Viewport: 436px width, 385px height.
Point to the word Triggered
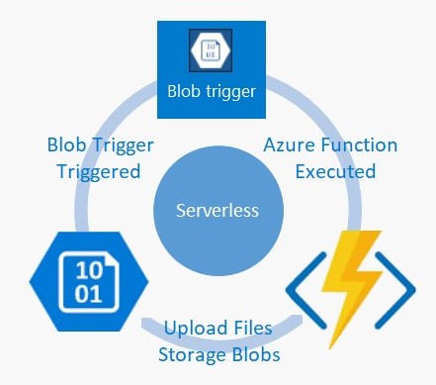(95, 170)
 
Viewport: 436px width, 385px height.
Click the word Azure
(291, 145)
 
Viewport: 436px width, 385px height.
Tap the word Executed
(331, 170)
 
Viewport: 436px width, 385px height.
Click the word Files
(256, 328)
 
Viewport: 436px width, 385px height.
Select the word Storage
(198, 351)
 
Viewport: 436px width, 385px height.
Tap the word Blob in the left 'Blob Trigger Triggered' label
(68, 145)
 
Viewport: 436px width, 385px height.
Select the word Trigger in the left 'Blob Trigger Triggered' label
(127, 145)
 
